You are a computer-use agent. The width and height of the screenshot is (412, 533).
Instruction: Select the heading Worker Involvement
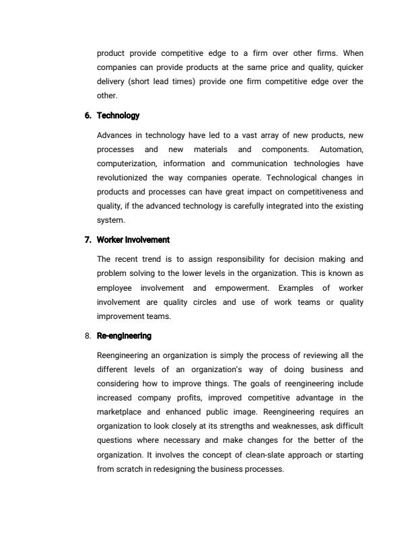133,240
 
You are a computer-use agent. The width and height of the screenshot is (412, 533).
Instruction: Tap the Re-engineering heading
124,335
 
